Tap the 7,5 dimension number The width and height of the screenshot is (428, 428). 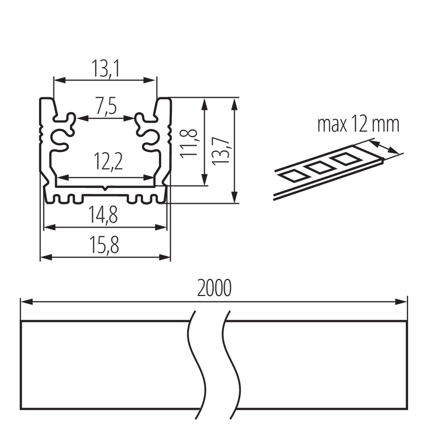(107, 105)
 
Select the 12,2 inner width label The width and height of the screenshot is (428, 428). (108, 162)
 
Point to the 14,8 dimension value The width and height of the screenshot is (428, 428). (103, 215)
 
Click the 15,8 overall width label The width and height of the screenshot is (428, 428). (104, 245)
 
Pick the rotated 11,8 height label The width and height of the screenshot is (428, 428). (188, 143)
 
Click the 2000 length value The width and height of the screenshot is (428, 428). (214, 288)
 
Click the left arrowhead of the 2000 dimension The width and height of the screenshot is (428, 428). (26, 302)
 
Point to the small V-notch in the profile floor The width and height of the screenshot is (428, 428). (105, 189)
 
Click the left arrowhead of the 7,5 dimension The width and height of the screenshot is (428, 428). (82, 118)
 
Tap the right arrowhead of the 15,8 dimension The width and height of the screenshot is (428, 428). (164, 258)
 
